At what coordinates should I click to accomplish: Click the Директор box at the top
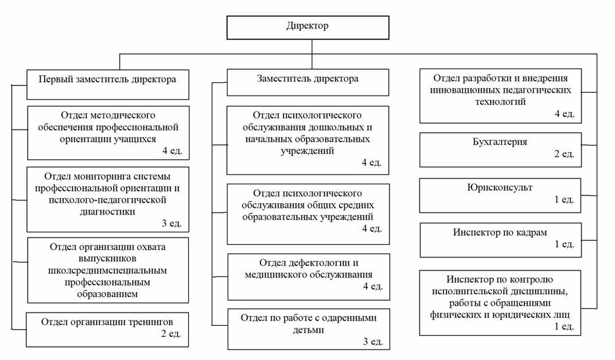(x=308, y=28)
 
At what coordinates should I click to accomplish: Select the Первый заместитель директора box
(x=108, y=84)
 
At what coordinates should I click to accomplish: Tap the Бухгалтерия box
(x=501, y=150)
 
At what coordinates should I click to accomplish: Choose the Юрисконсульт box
(x=500, y=195)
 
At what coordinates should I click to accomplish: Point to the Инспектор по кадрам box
(x=501, y=240)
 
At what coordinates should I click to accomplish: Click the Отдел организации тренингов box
(x=107, y=329)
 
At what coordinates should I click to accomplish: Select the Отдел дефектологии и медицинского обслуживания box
(x=308, y=277)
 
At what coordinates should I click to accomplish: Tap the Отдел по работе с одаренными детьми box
(x=308, y=329)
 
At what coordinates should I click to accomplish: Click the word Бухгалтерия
(x=500, y=141)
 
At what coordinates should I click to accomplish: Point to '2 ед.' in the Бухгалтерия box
(x=564, y=154)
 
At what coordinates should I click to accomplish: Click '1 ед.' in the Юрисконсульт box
(x=564, y=199)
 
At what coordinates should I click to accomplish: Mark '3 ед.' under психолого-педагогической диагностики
(x=172, y=223)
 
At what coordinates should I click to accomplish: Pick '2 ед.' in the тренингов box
(x=171, y=334)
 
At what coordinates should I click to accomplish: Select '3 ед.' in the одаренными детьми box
(x=372, y=342)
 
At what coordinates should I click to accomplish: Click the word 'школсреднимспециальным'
(x=107, y=270)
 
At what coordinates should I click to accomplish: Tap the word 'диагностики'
(x=107, y=212)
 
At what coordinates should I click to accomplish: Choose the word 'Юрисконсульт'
(x=500, y=188)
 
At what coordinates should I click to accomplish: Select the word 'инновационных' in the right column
(x=461, y=90)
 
